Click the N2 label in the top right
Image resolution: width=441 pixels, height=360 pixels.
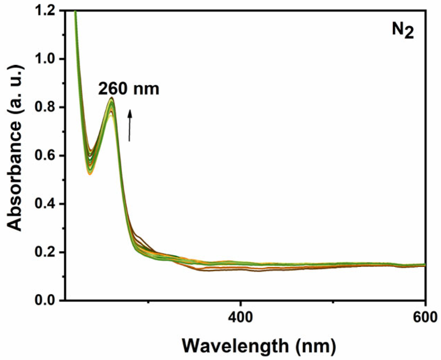point(403,31)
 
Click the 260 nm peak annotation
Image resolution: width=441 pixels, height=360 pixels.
point(128,89)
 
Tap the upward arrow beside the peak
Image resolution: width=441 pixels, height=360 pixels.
point(130,125)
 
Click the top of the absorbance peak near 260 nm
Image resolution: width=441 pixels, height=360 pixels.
point(112,98)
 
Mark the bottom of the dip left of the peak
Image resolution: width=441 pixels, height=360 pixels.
point(90,173)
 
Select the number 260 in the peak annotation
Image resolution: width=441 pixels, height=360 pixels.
point(113,89)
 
